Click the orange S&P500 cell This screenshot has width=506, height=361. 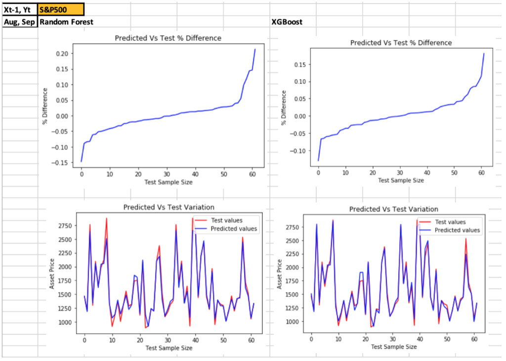point(61,9)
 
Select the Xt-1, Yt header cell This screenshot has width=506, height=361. point(19,9)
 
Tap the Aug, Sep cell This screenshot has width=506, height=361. point(19,22)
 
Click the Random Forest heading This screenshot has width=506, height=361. point(66,22)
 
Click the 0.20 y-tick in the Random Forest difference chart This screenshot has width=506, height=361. point(61,53)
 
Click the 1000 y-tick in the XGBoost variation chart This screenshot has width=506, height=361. point(293,322)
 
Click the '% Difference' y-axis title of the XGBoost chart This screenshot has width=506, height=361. point(284,107)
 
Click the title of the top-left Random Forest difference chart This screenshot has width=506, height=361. point(168,38)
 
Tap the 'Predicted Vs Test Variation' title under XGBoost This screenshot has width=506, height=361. point(393,209)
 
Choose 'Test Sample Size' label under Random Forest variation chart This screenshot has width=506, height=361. point(168,348)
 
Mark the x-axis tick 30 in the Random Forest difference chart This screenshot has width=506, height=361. point(167,174)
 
